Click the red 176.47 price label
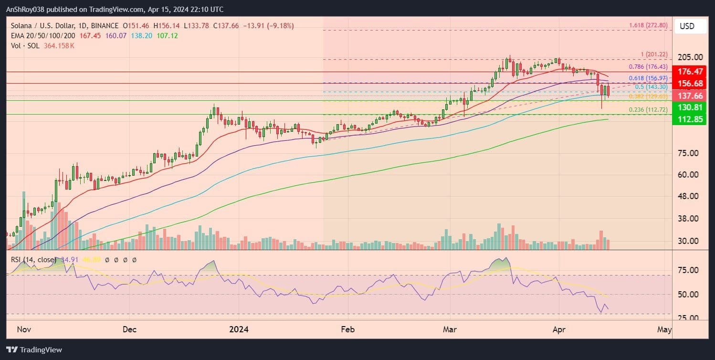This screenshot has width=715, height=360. point(689,72)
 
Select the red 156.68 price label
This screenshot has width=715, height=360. point(689,84)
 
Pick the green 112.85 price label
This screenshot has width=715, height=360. point(689,119)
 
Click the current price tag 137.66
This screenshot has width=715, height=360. point(689,95)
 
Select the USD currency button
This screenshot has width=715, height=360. point(687,26)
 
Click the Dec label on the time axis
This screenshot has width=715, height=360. point(129,329)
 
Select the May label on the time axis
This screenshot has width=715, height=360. point(664,329)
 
